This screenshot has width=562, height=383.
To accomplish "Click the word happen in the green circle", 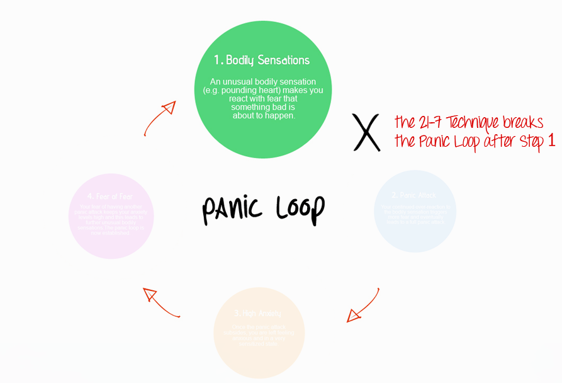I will [x=280, y=115].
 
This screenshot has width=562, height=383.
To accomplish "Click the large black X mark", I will [x=366, y=132].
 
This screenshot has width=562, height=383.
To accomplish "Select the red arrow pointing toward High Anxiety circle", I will [x=362, y=306].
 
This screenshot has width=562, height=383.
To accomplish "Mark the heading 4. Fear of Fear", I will [x=111, y=197].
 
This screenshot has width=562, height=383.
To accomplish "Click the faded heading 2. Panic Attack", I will [x=415, y=195].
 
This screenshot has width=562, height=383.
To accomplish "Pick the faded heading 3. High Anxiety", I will [x=259, y=313].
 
